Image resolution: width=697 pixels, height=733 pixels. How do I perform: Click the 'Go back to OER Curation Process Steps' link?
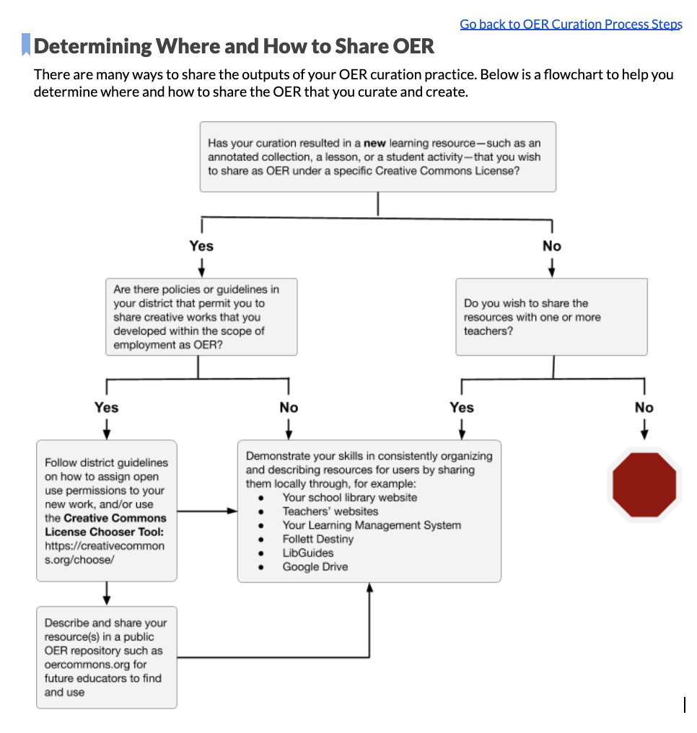(x=570, y=24)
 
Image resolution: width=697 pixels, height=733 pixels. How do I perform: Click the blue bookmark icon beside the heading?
(x=26, y=45)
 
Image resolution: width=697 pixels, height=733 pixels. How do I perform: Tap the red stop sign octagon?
(x=644, y=484)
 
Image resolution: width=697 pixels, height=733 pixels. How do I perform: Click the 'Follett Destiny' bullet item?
(x=317, y=539)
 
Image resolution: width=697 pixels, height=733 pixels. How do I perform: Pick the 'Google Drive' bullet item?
(x=315, y=566)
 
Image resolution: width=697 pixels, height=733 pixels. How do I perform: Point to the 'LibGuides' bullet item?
(x=307, y=553)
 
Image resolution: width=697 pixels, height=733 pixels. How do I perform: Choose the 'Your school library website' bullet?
(x=349, y=497)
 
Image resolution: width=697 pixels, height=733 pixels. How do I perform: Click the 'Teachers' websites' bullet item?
(x=330, y=511)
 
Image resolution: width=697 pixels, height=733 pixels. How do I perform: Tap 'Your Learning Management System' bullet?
(x=371, y=525)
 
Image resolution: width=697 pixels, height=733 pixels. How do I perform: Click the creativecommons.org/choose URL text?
(x=104, y=553)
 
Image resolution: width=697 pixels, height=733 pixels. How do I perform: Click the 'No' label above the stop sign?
(x=644, y=408)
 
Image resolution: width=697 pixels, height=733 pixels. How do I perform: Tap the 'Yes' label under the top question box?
(x=201, y=246)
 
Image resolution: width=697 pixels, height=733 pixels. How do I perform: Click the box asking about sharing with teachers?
(x=551, y=317)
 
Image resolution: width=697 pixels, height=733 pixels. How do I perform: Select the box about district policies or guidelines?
(x=201, y=317)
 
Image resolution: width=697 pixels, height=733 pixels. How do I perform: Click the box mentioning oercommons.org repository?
(x=107, y=657)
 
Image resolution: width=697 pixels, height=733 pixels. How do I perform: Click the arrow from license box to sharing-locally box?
(x=207, y=511)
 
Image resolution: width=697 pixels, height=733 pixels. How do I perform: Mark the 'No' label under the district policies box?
(x=289, y=408)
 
